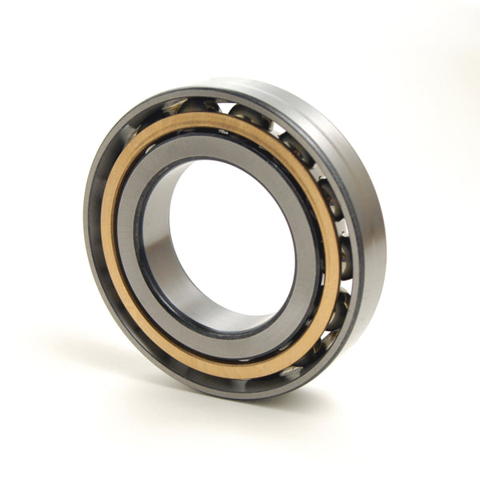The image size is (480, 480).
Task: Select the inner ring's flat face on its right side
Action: (308, 240)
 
